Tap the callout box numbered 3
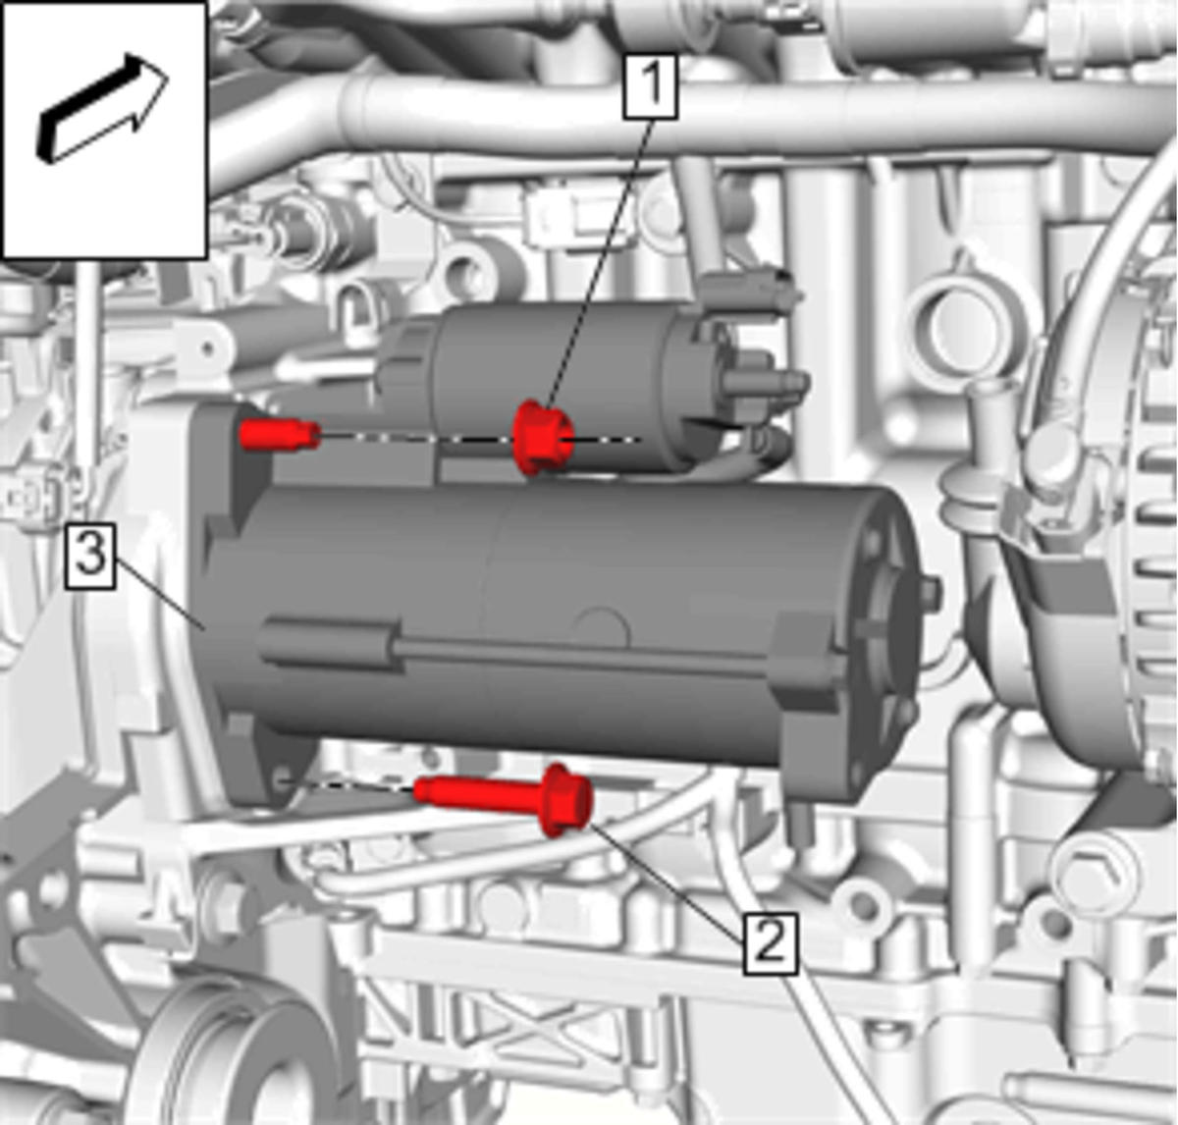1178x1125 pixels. (89, 557)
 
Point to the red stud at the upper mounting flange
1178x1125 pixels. (280, 434)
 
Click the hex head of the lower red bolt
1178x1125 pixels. (569, 799)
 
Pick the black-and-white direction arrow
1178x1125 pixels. (103, 108)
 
